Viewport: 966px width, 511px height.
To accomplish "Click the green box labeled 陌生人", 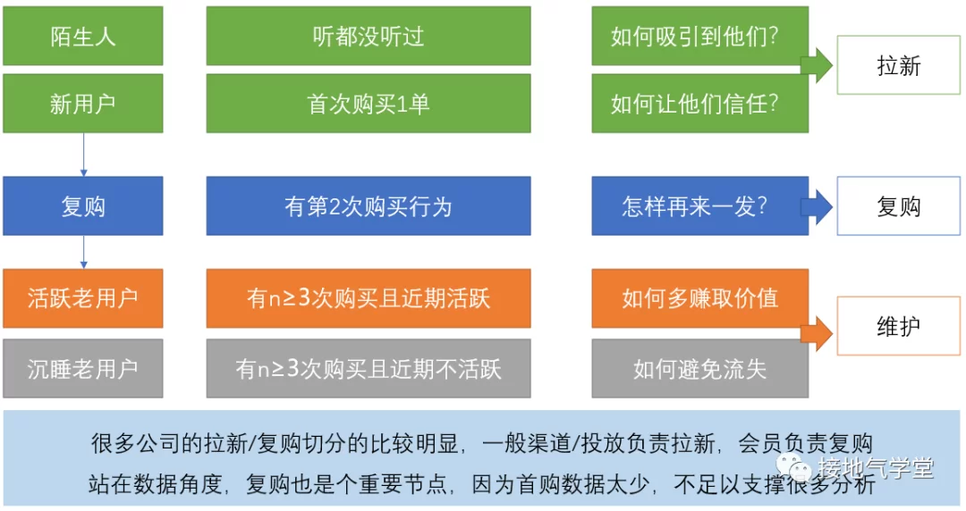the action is pos(83,36).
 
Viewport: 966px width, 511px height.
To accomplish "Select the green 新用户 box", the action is pos(83,104).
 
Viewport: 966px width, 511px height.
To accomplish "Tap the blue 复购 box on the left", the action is pos(83,206).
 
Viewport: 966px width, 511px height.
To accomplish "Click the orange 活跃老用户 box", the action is pos(83,298).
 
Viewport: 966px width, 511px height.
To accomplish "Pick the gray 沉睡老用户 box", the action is pos(83,368).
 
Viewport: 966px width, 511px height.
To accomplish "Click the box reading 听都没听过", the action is pos(369,36).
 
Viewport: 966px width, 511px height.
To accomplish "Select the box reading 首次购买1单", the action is pos(369,104).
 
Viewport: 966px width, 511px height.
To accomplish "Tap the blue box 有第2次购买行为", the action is pos(369,206).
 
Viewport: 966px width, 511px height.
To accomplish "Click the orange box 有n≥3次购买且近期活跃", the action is pos(369,298).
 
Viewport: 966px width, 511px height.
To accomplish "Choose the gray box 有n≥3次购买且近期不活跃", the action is pos(369,368).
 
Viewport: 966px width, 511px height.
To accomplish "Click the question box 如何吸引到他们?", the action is pos(699,36).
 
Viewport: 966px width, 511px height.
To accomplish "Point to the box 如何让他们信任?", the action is pos(699,104).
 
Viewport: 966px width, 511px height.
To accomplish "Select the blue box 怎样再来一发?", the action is pos(699,206).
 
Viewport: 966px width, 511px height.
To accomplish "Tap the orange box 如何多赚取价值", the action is pos(699,298).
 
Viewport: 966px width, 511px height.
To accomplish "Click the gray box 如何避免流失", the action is pos(699,368).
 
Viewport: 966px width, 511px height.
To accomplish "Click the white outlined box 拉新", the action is pos(898,65).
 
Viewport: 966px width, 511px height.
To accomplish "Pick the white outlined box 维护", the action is pos(898,326).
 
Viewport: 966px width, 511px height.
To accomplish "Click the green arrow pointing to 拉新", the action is pos(817,65).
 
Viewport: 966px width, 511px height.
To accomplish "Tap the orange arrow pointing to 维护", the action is pos(817,334).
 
